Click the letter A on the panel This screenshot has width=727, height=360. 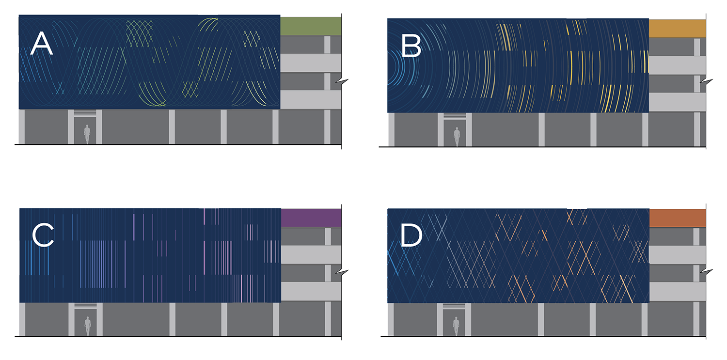pos(41,45)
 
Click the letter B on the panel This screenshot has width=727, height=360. pos(411,47)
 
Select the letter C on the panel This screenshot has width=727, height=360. pos(42,236)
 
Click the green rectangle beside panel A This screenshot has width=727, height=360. pos(311,26)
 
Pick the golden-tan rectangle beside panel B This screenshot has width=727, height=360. pos(677,29)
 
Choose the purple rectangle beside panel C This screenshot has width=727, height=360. pos(311,218)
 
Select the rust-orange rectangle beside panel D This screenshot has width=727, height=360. pos(677,218)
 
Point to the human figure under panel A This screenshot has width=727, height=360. pos(87,134)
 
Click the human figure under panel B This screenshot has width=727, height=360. pos(457,137)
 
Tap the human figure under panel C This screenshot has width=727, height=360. pos(88,326)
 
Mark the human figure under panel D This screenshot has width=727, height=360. pos(456,326)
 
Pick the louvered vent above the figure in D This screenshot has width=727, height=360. pos(456,306)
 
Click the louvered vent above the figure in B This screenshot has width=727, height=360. pos(456,116)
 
